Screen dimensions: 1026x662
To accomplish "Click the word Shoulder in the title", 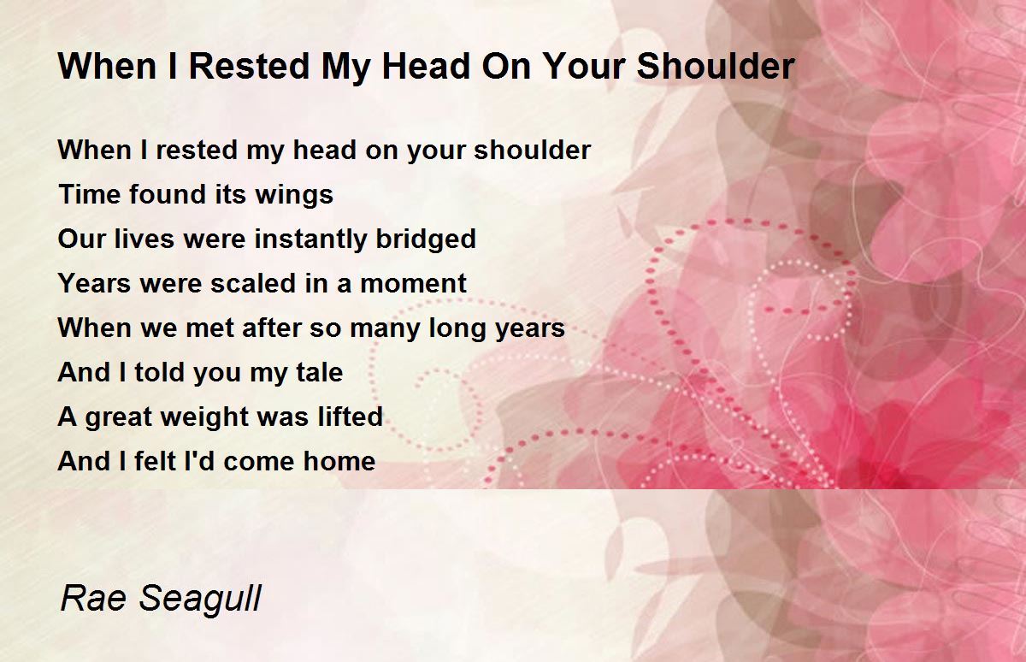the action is point(716,67).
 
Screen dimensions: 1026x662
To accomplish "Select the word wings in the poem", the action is point(294,196).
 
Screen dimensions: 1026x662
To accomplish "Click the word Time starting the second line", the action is point(90,194).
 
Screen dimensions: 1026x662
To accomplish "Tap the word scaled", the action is point(253,284).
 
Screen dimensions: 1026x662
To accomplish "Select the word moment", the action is point(414,284).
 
